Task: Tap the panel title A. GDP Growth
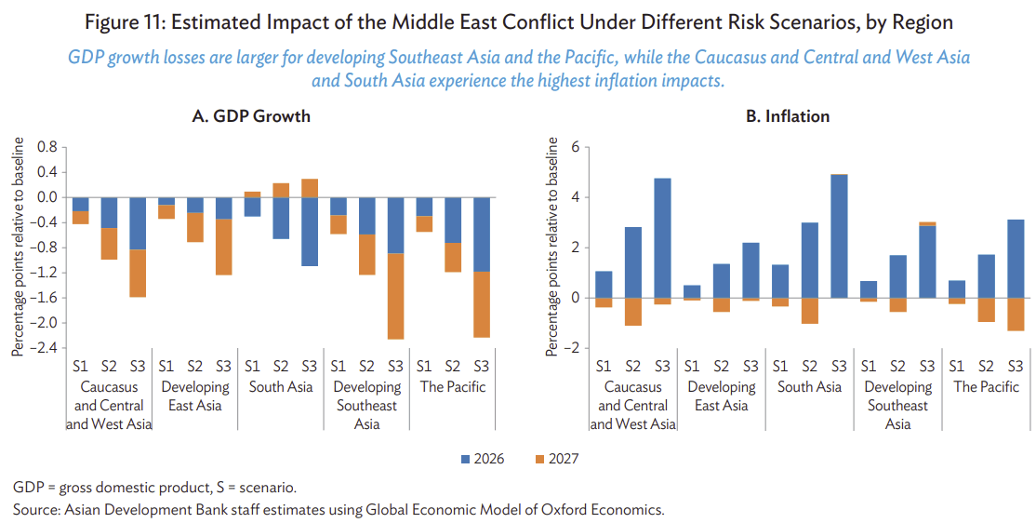[251, 116]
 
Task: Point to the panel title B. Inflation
[788, 116]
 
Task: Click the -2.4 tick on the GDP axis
[47, 348]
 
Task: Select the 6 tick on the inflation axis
[575, 147]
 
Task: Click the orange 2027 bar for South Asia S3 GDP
[310, 188]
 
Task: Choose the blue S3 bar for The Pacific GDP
[481, 235]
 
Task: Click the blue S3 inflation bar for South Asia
[839, 236]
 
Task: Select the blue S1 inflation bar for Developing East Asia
[692, 291]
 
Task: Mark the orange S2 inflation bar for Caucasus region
[632, 312]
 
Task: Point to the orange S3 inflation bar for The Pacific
[1016, 314]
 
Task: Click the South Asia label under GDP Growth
[281, 387]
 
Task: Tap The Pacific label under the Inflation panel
[987, 387]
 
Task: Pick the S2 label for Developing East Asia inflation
[721, 367]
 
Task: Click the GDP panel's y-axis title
[18, 247]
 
